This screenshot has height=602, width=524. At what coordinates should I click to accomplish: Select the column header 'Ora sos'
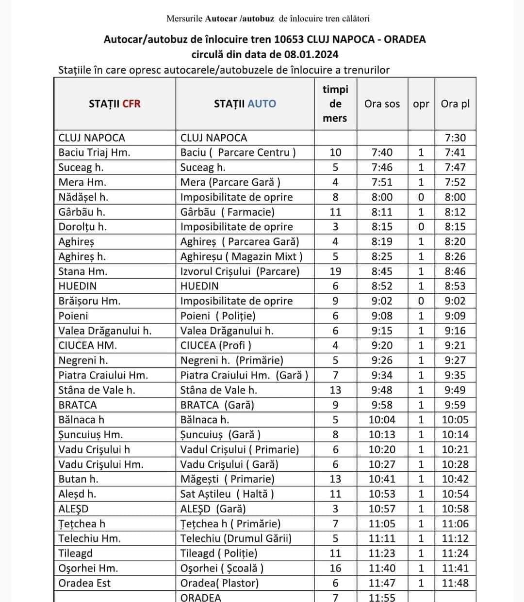(382, 104)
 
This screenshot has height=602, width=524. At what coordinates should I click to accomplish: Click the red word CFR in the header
(131, 104)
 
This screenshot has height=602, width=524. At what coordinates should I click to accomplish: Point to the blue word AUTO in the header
(262, 104)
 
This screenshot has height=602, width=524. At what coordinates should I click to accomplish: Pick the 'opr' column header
(421, 104)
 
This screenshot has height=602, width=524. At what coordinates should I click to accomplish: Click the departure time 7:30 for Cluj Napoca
(455, 138)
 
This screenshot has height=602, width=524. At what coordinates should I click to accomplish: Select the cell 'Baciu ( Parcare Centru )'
(238, 153)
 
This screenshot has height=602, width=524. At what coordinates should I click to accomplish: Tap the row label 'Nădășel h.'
(83, 197)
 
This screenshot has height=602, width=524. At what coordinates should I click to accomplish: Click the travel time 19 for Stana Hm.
(335, 271)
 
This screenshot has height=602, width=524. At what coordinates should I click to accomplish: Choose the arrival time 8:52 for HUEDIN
(382, 286)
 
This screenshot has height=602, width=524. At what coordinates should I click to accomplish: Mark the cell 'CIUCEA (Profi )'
(216, 346)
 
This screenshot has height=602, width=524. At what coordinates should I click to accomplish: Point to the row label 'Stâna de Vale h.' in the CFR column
(97, 390)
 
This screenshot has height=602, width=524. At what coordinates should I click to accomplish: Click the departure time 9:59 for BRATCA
(455, 405)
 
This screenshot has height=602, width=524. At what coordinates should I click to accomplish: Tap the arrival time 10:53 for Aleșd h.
(382, 494)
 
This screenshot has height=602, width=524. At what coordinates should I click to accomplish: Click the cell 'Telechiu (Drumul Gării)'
(236, 539)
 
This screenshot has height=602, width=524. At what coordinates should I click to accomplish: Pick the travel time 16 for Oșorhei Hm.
(335, 568)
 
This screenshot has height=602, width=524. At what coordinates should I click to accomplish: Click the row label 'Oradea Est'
(84, 583)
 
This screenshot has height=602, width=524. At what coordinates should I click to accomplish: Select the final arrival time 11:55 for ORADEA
(382, 598)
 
